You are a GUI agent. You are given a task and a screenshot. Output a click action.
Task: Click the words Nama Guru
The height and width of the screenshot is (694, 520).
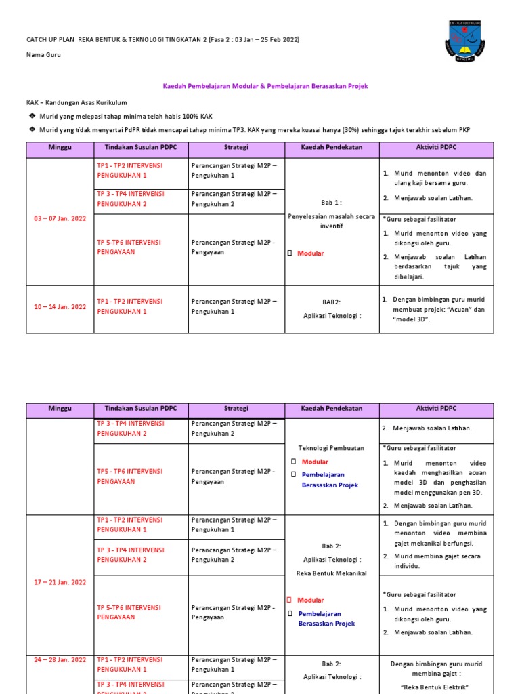[43, 55]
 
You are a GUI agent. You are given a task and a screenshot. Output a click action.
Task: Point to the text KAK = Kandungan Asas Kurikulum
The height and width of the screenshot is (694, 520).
[77, 102]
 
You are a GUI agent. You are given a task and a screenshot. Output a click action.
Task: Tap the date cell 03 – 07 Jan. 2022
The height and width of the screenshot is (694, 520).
[60, 219]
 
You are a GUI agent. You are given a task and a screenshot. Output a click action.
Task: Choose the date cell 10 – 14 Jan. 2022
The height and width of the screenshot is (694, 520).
[60, 306]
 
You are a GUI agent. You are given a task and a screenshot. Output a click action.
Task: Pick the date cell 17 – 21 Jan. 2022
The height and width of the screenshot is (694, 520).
[60, 582]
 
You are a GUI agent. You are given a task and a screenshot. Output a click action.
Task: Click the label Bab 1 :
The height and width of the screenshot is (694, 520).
[332, 203]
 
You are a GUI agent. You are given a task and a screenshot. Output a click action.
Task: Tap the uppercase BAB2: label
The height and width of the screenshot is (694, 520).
[332, 302]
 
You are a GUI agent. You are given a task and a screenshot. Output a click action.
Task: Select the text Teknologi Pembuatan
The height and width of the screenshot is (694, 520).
[332, 448]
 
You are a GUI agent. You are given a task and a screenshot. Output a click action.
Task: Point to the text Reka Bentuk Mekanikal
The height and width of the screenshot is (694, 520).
[332, 573]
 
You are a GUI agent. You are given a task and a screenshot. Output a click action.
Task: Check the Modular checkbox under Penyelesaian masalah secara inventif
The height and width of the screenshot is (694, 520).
[290, 253]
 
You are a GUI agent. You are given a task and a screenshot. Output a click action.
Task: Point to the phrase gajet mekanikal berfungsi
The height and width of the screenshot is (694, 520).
[433, 544]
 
